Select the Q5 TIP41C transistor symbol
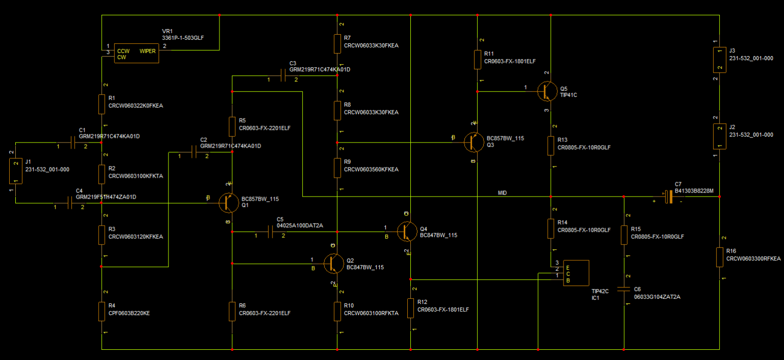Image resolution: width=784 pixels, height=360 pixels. coord(548,91)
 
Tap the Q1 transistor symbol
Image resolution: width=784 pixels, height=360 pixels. coord(229,203)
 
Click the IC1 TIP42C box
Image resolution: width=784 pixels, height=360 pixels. coord(576,273)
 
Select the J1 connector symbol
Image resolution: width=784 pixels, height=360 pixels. coord(15,171)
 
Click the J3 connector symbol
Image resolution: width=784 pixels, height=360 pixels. coord(719,59)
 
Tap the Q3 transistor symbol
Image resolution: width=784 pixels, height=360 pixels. coord(474,142)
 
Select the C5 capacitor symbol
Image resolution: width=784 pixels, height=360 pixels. coord(270,232)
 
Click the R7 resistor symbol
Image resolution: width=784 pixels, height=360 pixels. coord(337,43)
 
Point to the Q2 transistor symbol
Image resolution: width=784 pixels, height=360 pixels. coord(334,263)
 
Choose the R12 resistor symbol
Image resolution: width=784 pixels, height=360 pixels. coord(411,308)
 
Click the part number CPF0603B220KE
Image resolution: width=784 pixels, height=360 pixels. coord(129,313)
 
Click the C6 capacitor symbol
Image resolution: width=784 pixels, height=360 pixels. coord(624,290)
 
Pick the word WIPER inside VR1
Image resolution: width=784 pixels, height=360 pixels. coord(148,51)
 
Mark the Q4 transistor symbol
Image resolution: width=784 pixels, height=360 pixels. coord(407,231)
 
